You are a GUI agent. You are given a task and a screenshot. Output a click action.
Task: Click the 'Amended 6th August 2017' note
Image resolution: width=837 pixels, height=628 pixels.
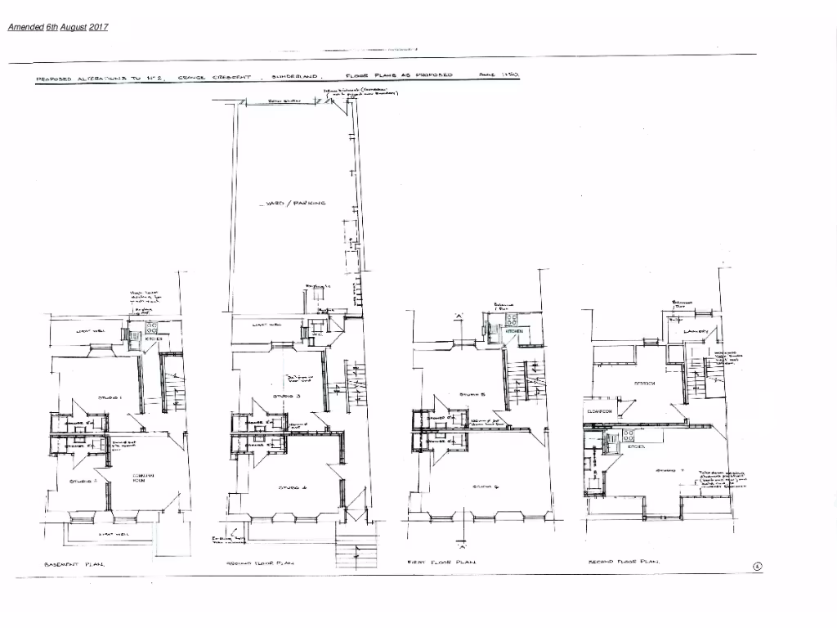click(57, 27)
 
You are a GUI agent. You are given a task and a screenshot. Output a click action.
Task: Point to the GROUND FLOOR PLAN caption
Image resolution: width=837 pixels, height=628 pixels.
click(259, 563)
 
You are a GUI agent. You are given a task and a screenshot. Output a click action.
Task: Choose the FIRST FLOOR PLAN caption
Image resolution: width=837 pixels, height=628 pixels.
click(441, 563)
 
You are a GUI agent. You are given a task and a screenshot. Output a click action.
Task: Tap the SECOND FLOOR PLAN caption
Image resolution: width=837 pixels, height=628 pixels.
click(624, 563)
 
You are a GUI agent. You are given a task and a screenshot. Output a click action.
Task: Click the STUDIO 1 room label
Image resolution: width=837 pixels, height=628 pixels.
click(110, 397)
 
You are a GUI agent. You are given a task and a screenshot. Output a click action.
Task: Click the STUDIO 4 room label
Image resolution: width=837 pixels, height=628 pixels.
click(291, 487)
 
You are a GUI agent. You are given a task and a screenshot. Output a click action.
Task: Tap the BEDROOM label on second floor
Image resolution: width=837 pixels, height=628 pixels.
click(647, 383)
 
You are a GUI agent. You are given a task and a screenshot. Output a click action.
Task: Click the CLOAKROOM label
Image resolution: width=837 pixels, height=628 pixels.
click(599, 412)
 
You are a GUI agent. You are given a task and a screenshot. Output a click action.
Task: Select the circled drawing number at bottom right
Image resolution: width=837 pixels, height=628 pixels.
click(757, 567)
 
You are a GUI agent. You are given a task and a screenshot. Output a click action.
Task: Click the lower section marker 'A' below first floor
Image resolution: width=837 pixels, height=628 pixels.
click(462, 545)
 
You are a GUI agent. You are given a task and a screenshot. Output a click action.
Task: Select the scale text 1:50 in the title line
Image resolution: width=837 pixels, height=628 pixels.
click(499, 74)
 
